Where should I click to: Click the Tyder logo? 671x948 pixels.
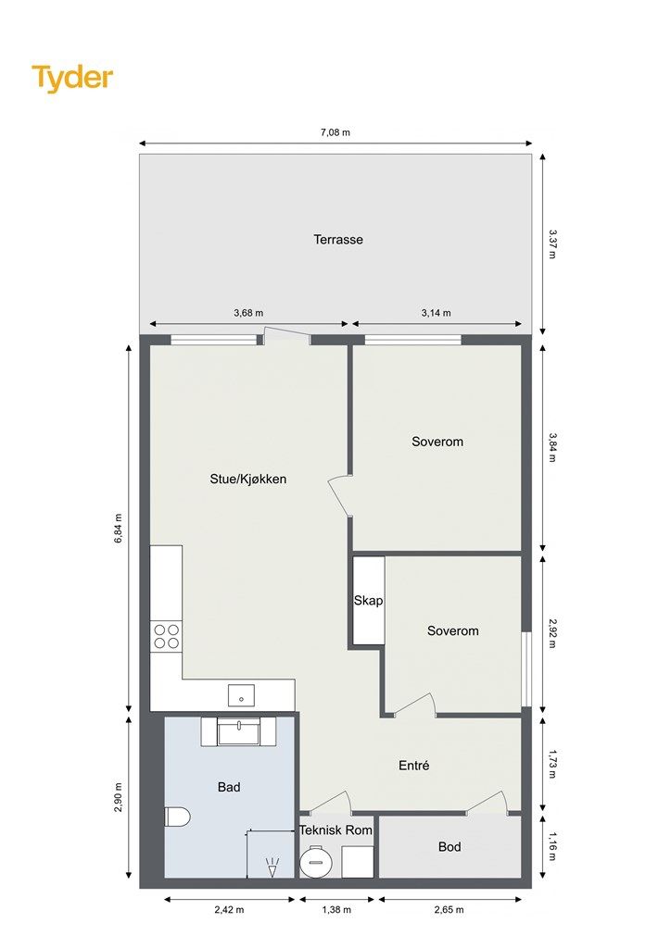coord(72,79)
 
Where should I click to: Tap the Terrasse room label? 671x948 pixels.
coord(338,240)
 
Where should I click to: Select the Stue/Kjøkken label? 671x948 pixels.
coord(248,479)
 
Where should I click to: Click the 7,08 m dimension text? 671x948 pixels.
coord(335,132)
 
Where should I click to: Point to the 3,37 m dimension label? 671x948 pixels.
coord(551,243)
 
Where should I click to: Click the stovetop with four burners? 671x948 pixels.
coord(167,635)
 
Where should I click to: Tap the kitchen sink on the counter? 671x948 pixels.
coord(241,696)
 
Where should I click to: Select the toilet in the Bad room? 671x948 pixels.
coord(177,817)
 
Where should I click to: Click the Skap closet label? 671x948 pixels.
coord(369,600)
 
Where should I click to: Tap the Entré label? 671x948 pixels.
coord(414,766)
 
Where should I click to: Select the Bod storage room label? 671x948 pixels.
coord(449,847)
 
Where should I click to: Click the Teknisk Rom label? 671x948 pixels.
coord(335,830)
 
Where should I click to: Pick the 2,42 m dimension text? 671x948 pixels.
coord(229,910)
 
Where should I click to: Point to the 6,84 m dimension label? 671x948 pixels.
coord(119,529)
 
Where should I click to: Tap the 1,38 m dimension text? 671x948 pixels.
coord(336,910)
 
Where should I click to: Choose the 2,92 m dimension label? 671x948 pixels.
coord(551,633)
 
